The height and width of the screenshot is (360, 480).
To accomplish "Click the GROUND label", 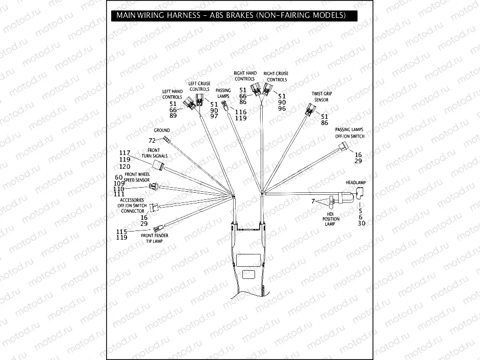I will pyautogui.click(x=162, y=131).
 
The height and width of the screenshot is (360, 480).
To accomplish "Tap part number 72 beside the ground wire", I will pyautogui.click(x=151, y=140).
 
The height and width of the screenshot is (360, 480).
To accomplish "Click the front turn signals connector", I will pyautogui.click(x=159, y=165).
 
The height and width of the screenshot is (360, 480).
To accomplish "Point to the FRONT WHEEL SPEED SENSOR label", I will pyautogui.click(x=137, y=177).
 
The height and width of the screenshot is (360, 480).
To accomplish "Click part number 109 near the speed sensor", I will pyautogui.click(x=119, y=183).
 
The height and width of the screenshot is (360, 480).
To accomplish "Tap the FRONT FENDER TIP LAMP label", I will pyautogui.click(x=155, y=238).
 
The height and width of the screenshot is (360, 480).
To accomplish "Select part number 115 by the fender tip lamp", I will pyautogui.click(x=122, y=232).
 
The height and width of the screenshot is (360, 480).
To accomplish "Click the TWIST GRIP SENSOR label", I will pyautogui.click(x=321, y=97).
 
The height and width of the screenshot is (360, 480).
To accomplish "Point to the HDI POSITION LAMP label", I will pyautogui.click(x=330, y=218).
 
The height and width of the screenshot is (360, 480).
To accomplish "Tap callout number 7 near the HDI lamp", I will pyautogui.click(x=314, y=202).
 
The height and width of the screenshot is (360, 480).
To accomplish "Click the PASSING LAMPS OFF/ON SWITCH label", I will pyautogui.click(x=350, y=133).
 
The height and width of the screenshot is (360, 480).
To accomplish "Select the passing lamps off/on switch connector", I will pyautogui.click(x=343, y=148).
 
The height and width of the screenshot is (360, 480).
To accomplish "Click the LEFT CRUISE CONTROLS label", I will pyautogui.click(x=199, y=86).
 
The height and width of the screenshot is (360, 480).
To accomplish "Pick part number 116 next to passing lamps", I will pyautogui.click(x=240, y=112).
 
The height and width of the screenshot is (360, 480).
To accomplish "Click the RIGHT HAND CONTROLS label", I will pyautogui.click(x=245, y=76).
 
